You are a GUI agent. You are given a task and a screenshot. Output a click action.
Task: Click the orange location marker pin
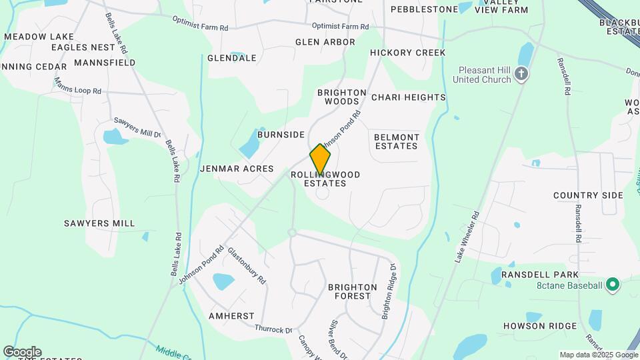320,160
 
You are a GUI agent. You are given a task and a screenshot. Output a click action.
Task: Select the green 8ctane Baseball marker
613,286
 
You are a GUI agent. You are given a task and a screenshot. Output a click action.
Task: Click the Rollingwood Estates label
325,179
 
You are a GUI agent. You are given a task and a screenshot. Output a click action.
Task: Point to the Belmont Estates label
397,141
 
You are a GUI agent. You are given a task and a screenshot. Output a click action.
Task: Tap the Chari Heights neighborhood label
408,97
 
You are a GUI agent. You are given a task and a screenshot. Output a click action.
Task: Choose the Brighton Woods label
342,97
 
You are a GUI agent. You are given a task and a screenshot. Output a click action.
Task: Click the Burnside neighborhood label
281,134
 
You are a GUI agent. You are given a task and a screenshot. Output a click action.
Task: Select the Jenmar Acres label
237,169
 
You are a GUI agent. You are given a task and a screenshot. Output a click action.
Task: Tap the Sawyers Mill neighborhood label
99,223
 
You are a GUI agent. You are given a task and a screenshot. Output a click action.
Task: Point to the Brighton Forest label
352,291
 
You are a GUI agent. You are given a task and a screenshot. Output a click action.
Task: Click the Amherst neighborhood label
231,315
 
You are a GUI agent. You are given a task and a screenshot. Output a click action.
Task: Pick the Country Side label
588,195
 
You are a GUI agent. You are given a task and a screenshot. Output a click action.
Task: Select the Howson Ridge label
540,326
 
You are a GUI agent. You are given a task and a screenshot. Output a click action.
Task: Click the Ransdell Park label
541,275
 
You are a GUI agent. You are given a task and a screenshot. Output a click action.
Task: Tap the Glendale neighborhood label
232,58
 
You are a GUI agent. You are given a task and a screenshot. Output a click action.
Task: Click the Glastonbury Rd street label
247,266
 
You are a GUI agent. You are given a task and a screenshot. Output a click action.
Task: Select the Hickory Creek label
407,52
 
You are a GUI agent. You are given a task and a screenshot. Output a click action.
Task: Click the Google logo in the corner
22,352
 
